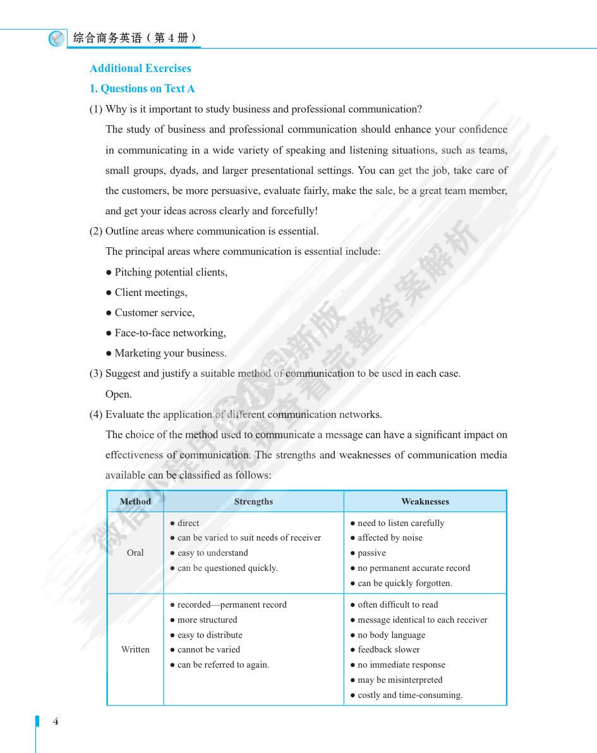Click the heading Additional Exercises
tap(140, 68)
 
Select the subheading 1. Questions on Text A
tap(142, 89)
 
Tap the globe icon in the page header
tap(57, 39)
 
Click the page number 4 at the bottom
tap(56, 721)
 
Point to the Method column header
tap(135, 501)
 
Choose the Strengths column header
tap(253, 501)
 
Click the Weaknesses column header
tap(425, 501)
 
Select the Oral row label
tap(135, 553)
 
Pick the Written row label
tap(135, 649)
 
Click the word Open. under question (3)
tap(119, 394)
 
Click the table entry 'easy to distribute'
tap(210, 635)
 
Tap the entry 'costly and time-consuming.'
tap(410, 695)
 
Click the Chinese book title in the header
tap(135, 38)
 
